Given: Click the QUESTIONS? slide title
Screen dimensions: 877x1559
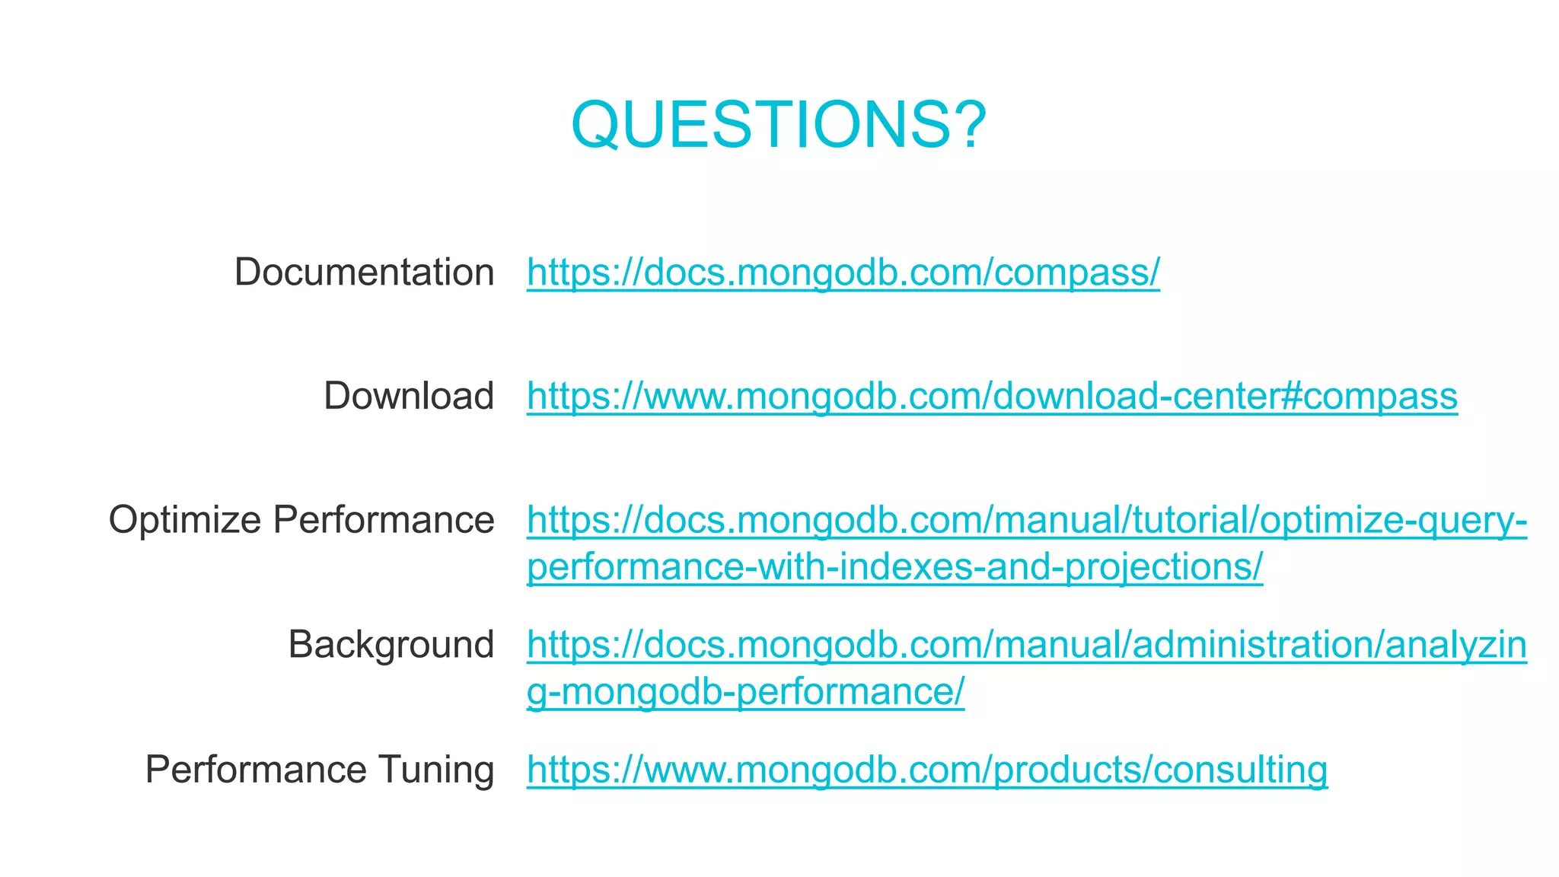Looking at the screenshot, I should pyautogui.click(x=778, y=124).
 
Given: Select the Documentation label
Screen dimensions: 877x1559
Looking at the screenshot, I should pyautogui.click(x=364, y=272).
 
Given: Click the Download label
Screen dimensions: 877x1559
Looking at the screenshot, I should pyautogui.click(x=409, y=396).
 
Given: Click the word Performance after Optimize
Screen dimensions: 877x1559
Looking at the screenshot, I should pyautogui.click(x=384, y=521).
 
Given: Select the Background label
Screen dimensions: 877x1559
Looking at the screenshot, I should pyautogui.click(x=391, y=645).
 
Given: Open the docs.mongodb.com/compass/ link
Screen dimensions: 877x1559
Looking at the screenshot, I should pyautogui.click(x=843, y=272).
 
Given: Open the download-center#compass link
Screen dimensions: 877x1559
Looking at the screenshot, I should pyautogui.click(x=992, y=396).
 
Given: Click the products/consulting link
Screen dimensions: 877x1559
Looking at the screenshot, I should pyautogui.click(x=927, y=769).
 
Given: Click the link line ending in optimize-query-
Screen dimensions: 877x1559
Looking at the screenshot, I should pyautogui.click(x=1026, y=521).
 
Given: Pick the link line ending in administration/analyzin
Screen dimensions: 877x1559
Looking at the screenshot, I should pyautogui.click(x=1026, y=645).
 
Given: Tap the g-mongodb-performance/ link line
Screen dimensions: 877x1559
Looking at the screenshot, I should pyautogui.click(x=745, y=692).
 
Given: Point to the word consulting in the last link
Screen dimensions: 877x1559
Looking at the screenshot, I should pyautogui.click(x=1240, y=769).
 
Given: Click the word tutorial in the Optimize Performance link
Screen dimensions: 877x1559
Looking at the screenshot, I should pyautogui.click(x=1192, y=521).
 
